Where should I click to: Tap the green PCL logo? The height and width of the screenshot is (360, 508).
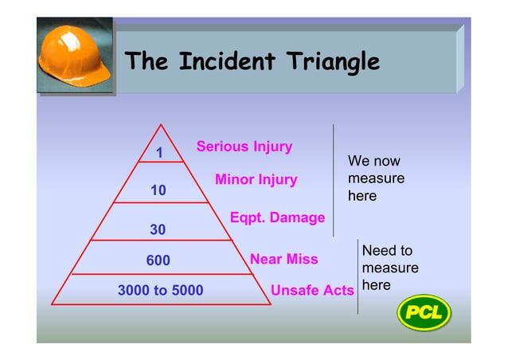(x=424, y=311)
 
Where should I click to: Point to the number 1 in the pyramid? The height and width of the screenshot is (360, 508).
(x=159, y=153)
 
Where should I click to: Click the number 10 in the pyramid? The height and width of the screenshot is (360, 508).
(x=158, y=190)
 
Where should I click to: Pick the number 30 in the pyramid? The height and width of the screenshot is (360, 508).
(x=158, y=229)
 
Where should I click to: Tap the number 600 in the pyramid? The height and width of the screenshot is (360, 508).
(x=158, y=260)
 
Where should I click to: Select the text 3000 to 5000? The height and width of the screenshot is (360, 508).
(x=160, y=291)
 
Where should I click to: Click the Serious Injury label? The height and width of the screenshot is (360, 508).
(x=244, y=147)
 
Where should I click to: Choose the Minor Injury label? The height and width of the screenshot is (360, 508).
(x=256, y=180)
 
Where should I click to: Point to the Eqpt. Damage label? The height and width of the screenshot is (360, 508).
(x=277, y=217)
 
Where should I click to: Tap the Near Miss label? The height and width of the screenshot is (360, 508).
(x=283, y=259)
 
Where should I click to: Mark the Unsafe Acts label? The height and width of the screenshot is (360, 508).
(x=312, y=291)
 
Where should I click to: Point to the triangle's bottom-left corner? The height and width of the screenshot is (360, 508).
(x=53, y=304)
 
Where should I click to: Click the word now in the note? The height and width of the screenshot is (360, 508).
(x=385, y=162)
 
